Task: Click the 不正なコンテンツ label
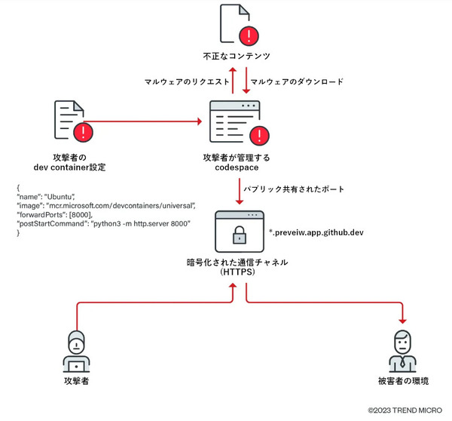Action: tap(236, 56)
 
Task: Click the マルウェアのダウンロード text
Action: tap(296, 81)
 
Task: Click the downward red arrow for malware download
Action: tap(246, 80)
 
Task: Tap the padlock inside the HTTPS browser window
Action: tap(239, 236)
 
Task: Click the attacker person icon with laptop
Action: tap(77, 352)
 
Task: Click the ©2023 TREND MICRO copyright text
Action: tap(407, 410)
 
